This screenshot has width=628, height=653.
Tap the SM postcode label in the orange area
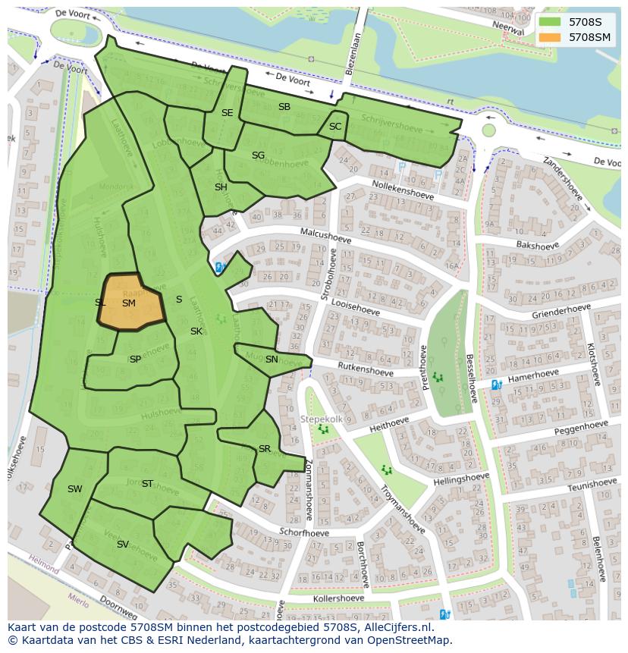pyautogui.click(x=129, y=303)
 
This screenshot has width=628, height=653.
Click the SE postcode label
pyautogui.click(x=227, y=112)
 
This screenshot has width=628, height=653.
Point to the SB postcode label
pyautogui.click(x=284, y=107)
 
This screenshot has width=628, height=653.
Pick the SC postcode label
pyautogui.click(x=335, y=126)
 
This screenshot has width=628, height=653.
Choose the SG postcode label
pyautogui.click(x=258, y=155)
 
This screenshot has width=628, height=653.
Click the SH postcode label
pyautogui.click(x=221, y=187)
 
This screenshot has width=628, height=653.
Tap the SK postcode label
pyautogui.click(x=196, y=331)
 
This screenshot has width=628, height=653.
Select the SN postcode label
pyautogui.click(x=272, y=359)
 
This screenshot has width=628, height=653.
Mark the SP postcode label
pyautogui.click(x=135, y=359)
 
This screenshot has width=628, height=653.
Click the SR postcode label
pyautogui.click(x=264, y=449)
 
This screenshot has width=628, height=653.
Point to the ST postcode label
pyautogui.click(x=147, y=483)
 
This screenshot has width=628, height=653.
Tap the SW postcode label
pyautogui.click(x=74, y=489)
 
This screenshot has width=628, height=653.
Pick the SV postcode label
pyautogui.click(x=122, y=545)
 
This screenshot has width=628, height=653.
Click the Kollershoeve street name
pyautogui.click(x=341, y=599)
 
